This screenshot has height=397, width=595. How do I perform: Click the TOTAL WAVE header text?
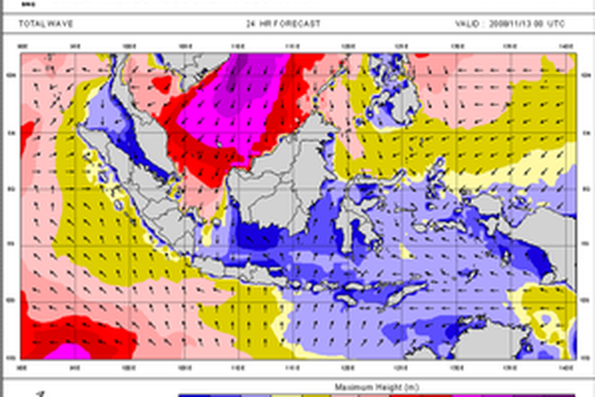click(46, 23)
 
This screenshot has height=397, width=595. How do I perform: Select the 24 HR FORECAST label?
click(283, 23)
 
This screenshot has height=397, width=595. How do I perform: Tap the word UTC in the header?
click(556, 24)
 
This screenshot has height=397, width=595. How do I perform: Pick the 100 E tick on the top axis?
click(130, 46)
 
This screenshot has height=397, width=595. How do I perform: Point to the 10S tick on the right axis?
click(584, 300)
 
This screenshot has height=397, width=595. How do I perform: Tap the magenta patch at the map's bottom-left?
click(69, 351)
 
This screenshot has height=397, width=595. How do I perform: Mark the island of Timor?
click(402, 290)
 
